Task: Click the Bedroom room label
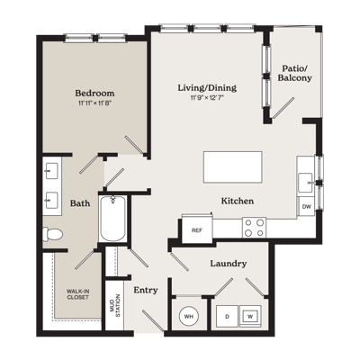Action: point(94,93)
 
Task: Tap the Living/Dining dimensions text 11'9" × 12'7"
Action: point(207,97)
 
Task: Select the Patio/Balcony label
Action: point(294,73)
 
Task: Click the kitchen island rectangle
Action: point(233,167)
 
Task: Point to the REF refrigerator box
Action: point(197,230)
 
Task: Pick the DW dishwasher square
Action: point(306,206)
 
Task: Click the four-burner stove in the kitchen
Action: point(254,228)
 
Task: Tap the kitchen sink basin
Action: point(305,183)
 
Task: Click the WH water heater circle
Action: point(189,316)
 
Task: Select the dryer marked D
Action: point(227,317)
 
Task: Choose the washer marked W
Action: point(250,316)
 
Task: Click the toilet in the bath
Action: point(52,234)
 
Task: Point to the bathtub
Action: point(112,218)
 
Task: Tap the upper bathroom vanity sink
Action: point(51,171)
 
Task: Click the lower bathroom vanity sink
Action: point(51,200)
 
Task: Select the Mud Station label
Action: point(115,306)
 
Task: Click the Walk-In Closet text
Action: point(77,294)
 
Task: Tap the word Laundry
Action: point(229,264)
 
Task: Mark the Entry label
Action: point(146,291)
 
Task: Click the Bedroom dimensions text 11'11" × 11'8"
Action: point(94,103)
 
